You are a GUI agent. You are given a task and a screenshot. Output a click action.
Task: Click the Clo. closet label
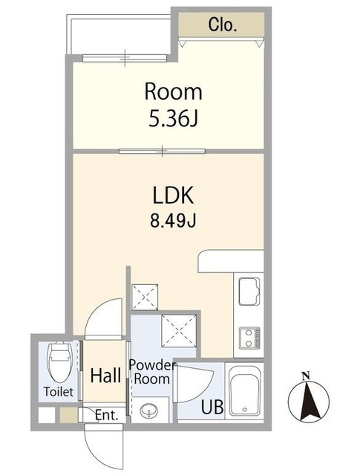[x=222, y=25]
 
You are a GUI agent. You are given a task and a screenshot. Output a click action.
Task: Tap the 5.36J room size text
[x=173, y=118]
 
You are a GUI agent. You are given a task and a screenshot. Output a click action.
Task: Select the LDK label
[x=173, y=196]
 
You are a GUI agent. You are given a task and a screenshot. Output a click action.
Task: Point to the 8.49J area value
[x=173, y=220]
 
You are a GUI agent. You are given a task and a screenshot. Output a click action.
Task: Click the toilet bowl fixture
[x=60, y=361]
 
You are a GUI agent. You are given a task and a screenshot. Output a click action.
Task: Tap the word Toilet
[x=59, y=392]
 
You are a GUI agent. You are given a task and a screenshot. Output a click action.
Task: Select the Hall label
[x=105, y=376]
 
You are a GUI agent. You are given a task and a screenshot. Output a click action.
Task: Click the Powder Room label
[x=152, y=372]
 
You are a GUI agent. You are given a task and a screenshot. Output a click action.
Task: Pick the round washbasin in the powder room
[x=148, y=411]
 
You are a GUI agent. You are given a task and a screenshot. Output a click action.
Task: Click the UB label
[x=213, y=407]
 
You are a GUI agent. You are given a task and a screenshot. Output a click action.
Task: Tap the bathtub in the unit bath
[x=245, y=390]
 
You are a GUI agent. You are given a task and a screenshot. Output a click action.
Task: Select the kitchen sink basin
[x=249, y=291]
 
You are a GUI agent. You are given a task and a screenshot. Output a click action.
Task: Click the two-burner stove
[x=249, y=337]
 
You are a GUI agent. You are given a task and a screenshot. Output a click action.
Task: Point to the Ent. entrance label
[x=106, y=415]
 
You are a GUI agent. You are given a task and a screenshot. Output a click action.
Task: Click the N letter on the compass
[x=306, y=376]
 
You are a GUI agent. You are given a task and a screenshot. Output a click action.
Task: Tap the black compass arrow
[x=309, y=401]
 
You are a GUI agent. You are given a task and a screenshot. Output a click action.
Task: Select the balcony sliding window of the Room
[x=125, y=58]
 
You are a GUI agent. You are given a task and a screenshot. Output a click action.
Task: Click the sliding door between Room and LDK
[x=162, y=151]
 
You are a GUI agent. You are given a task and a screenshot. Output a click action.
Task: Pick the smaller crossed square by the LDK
[x=145, y=297]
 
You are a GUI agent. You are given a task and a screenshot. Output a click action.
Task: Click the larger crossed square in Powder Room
[x=179, y=330]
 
